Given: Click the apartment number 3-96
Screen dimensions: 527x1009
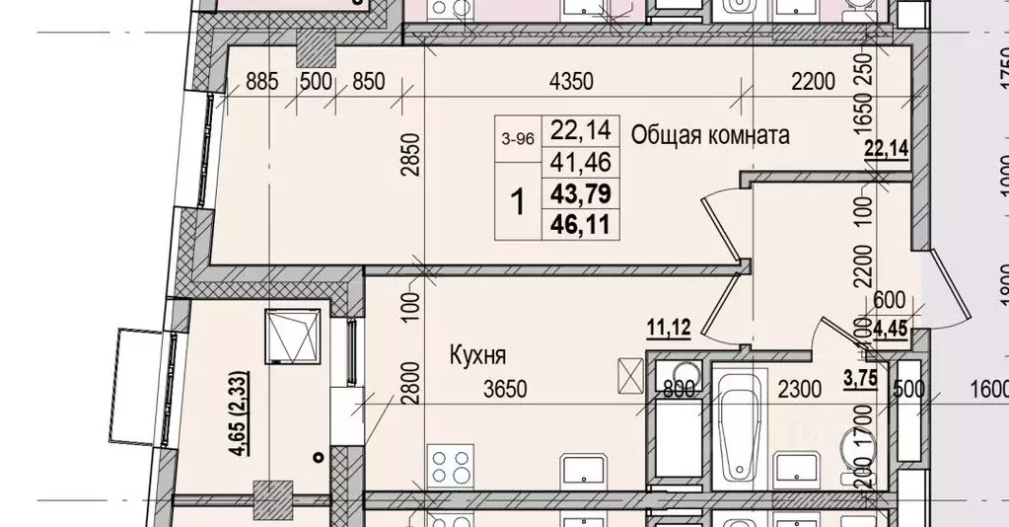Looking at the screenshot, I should pyautogui.click(x=517, y=139).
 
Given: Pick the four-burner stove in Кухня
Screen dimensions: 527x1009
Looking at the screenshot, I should pyautogui.click(x=450, y=465).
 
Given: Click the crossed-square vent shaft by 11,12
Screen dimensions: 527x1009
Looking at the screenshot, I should pyautogui.click(x=629, y=375).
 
